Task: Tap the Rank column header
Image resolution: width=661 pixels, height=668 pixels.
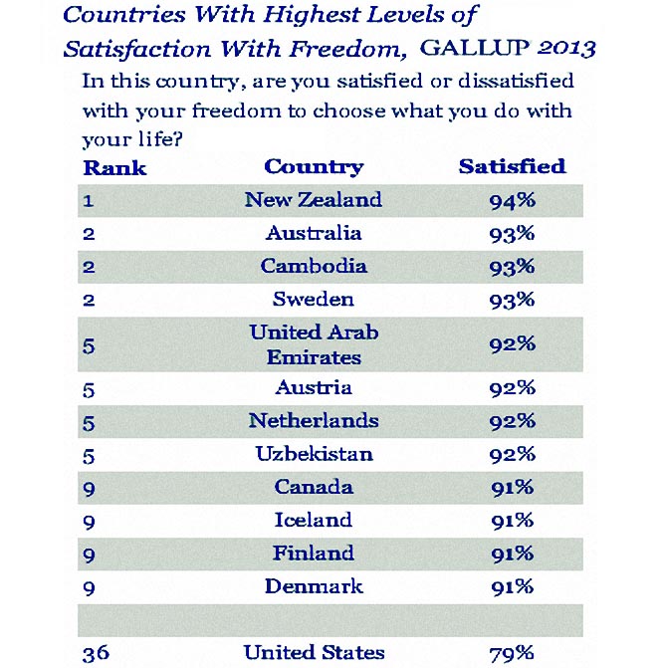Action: (x=114, y=167)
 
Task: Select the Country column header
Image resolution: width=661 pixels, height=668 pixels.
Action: (x=314, y=166)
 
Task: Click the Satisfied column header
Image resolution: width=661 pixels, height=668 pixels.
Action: (x=512, y=166)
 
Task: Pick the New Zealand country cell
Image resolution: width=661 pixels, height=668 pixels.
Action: (x=314, y=199)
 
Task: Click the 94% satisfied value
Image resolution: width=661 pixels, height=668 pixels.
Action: (x=512, y=200)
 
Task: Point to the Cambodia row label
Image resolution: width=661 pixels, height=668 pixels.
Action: (x=314, y=266)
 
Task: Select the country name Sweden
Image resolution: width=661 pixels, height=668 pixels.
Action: (x=314, y=299)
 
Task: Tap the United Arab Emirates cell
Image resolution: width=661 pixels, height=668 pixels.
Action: (x=314, y=343)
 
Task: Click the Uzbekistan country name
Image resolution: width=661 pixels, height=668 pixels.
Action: (x=314, y=454)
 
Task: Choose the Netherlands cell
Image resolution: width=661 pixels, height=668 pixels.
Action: (x=314, y=420)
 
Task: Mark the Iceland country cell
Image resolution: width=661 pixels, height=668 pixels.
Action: (x=314, y=520)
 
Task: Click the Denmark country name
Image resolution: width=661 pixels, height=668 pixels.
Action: (x=314, y=586)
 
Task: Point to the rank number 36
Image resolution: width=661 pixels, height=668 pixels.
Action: (x=96, y=653)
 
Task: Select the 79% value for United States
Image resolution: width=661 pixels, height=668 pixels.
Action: (x=512, y=654)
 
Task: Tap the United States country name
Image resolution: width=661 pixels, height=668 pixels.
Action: (x=314, y=653)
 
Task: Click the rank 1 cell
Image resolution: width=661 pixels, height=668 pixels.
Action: (x=89, y=200)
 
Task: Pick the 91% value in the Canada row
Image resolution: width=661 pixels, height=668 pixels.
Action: (x=512, y=488)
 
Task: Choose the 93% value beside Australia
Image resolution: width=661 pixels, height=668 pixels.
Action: (x=512, y=233)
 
